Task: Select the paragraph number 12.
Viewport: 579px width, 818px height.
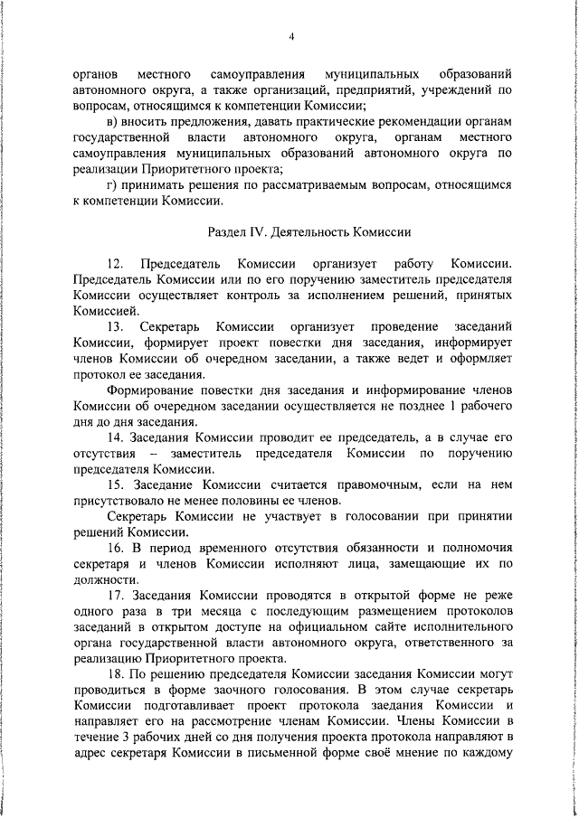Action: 115,264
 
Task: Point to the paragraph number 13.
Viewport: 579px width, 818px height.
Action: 115,326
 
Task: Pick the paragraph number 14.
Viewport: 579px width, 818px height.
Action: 115,438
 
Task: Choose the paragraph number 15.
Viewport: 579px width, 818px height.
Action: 115,484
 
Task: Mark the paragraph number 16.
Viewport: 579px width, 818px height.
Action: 115,548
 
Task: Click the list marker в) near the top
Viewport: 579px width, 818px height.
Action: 111,122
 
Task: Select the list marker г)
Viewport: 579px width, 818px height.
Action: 111,184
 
